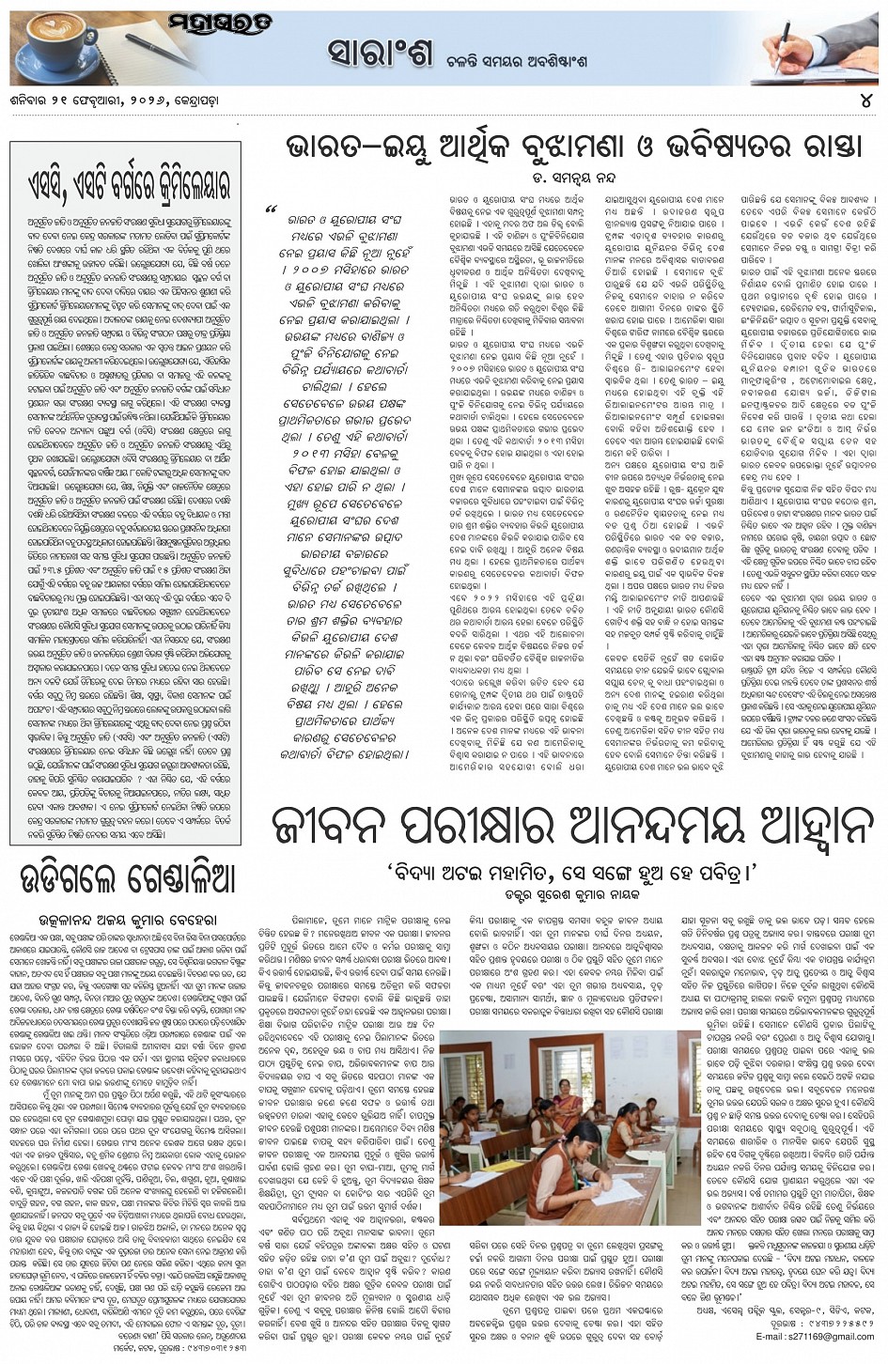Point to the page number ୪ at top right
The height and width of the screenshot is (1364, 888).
[865, 101]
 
